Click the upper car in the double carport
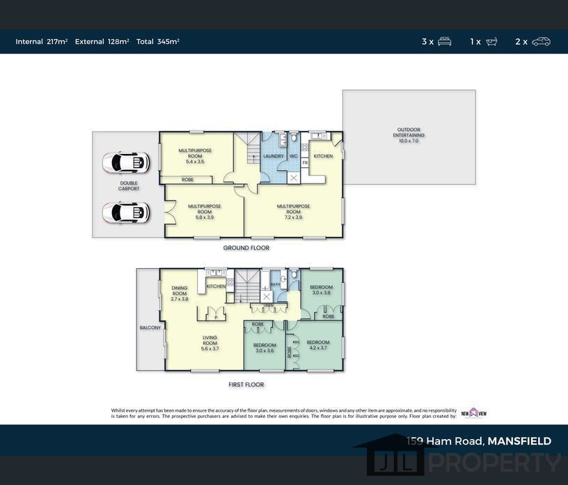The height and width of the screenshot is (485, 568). tap(126, 163)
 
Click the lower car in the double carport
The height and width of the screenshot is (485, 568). tap(126, 212)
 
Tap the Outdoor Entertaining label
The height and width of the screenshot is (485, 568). tap(410, 135)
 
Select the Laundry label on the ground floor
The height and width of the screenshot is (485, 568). tap(273, 156)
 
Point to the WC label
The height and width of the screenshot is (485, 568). tap(294, 156)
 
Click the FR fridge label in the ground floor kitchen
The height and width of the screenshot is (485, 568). tap(305, 163)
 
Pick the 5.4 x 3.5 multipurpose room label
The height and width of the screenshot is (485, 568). tap(195, 156)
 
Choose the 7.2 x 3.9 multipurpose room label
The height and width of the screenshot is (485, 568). tap(293, 212)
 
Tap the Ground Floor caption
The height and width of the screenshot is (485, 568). tap(246, 248)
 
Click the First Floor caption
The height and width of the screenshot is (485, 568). tap(246, 385)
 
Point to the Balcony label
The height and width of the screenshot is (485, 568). tap(150, 328)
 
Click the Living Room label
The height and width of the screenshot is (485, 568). tap(210, 343)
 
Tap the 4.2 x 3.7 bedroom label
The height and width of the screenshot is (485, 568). tap(318, 344)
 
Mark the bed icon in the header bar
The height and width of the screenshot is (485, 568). tap(444, 42)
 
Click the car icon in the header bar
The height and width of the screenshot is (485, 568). tap(541, 42)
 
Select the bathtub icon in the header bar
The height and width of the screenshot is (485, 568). tap(491, 42)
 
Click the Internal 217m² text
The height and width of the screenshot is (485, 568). tap(42, 42)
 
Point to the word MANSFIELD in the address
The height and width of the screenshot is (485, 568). tap(519, 441)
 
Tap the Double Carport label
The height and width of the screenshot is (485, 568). tap(129, 186)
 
